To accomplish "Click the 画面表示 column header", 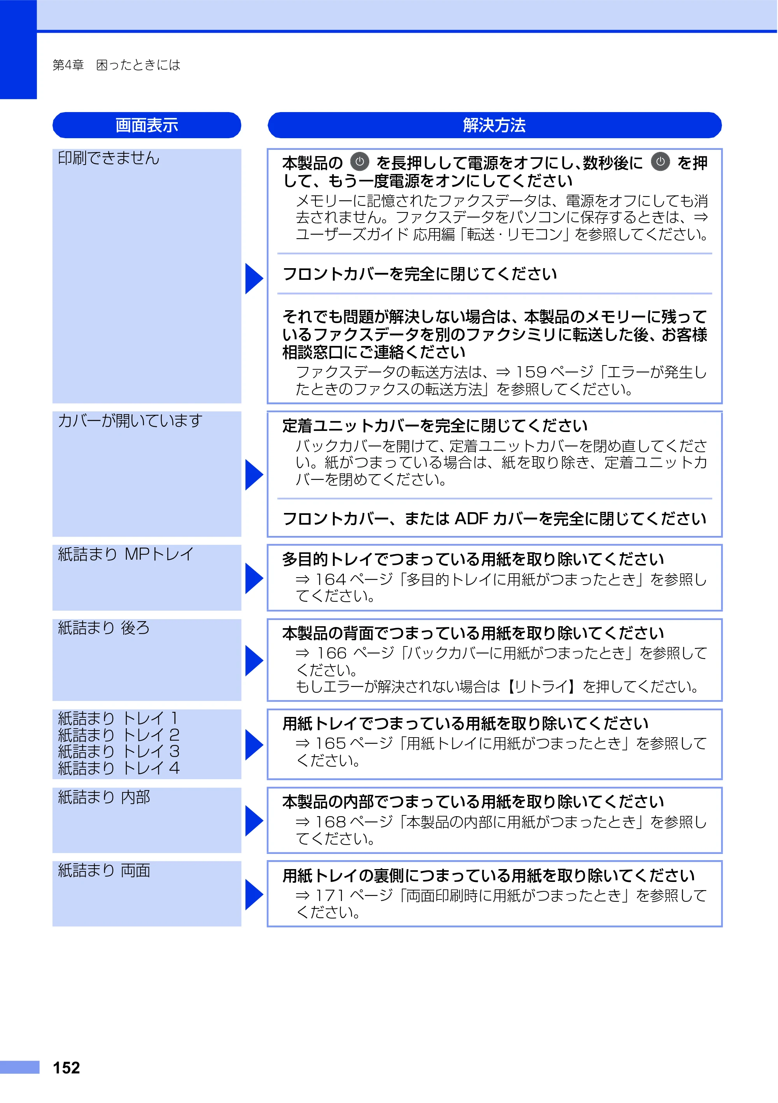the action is click(x=147, y=125).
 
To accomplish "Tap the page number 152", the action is click(x=66, y=1068).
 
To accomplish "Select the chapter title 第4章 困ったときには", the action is click(x=116, y=65).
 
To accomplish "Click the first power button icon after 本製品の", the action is click(x=360, y=162).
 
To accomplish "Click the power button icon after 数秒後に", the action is click(x=661, y=162).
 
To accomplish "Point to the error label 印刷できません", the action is click(x=109, y=158).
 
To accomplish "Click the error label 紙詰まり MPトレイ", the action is click(x=126, y=554).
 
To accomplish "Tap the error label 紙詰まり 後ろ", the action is click(x=104, y=628).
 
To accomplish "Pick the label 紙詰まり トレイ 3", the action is click(x=119, y=751).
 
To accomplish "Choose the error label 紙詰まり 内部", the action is click(x=104, y=797).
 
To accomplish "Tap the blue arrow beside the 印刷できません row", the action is click(x=254, y=278).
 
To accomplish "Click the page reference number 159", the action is click(x=531, y=372).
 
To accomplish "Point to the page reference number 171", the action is click(x=330, y=896).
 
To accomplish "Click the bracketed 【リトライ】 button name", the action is click(x=542, y=687).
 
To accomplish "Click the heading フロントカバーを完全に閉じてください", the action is click(x=420, y=274).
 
